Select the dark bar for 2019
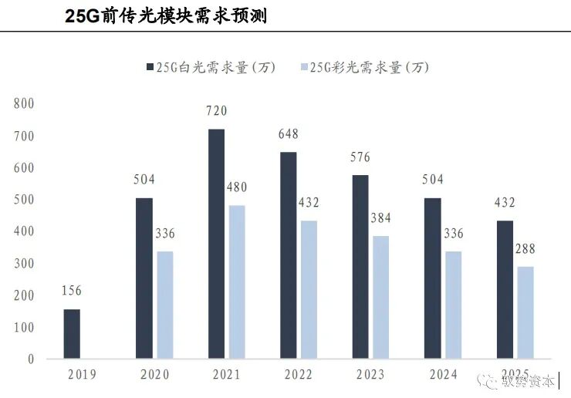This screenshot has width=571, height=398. tap(72, 334)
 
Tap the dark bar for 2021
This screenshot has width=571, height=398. tap(217, 244)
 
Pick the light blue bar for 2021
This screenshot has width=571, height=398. tap(236, 282)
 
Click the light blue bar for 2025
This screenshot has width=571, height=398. tap(525, 312)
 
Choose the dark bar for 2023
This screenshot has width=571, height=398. tap(360, 267)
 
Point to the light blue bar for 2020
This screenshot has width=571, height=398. tap(164, 305)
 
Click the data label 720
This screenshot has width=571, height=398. tap(216, 112)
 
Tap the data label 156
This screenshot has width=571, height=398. tap(71, 291)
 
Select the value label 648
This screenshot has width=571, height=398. tap(288, 134)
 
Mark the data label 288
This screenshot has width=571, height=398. tap(525, 249)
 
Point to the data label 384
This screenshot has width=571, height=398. tap(380, 219)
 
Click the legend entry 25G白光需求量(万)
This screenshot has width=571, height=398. tap(209, 68)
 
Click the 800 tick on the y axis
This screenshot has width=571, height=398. tap(24, 103)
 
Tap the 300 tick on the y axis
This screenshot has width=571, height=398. tap(24, 264)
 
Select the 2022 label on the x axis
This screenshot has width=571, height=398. tap(297, 375)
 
